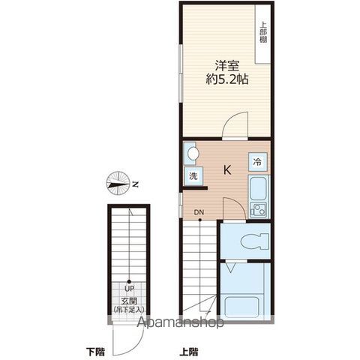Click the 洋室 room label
click(x=227, y=65)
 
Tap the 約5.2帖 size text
click(x=227, y=79)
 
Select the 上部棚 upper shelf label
click(x=262, y=32)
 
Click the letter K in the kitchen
click(x=227, y=170)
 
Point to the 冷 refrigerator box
click(x=258, y=161)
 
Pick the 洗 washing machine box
click(x=193, y=176)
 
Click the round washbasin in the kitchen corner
click(x=193, y=153)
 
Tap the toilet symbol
click(x=254, y=241)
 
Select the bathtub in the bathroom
click(x=241, y=307)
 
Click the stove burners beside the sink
click(x=258, y=210)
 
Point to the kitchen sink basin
click(x=258, y=189)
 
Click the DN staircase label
click(x=199, y=212)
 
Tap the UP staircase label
click(x=129, y=289)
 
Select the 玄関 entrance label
click(x=129, y=301)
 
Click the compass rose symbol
click(x=118, y=184)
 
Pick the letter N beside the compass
click(x=135, y=184)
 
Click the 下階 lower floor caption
click(x=95, y=352)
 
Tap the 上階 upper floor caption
click(x=189, y=352)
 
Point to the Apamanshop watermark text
click(x=180, y=322)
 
